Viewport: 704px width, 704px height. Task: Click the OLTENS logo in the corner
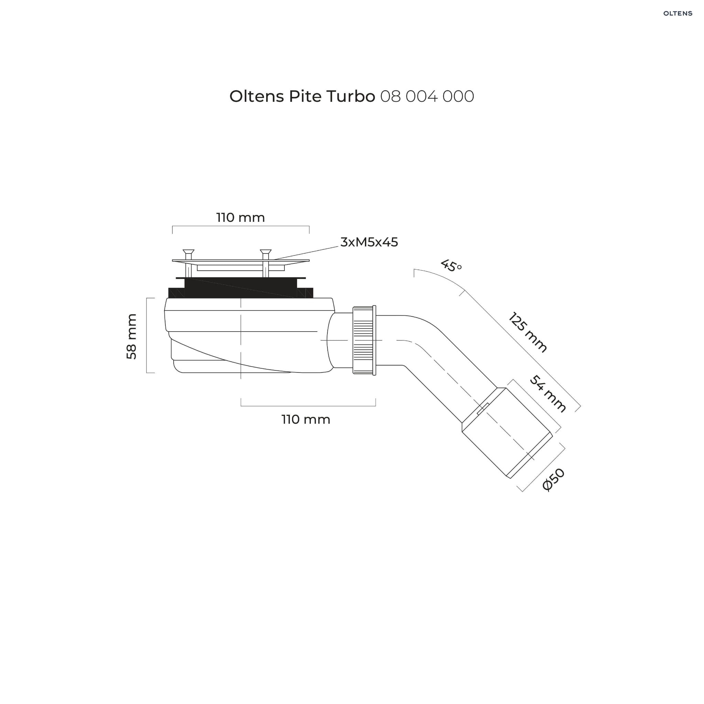pos(678,13)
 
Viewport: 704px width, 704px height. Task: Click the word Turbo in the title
pos(350,97)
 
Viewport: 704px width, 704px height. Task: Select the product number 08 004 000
pos(427,97)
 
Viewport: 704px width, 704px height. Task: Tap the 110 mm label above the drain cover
pos(240,218)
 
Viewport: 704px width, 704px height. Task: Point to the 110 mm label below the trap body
pos(306,420)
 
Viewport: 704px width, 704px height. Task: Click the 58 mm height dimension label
pos(131,336)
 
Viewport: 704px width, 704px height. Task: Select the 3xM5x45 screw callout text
pos(369,242)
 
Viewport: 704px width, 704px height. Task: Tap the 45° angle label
pos(451,266)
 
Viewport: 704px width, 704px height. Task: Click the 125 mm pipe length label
pos(528,332)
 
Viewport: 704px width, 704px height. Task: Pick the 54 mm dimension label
pos(548,394)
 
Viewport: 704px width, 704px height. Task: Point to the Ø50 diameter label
pos(553,480)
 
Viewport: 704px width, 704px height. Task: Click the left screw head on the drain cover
pos(188,252)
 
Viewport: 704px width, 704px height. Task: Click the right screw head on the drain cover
pos(266,252)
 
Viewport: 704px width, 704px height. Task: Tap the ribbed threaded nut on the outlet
pos(364,340)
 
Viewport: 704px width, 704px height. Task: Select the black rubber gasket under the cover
pos(240,288)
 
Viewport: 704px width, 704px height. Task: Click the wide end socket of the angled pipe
pos(507,433)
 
